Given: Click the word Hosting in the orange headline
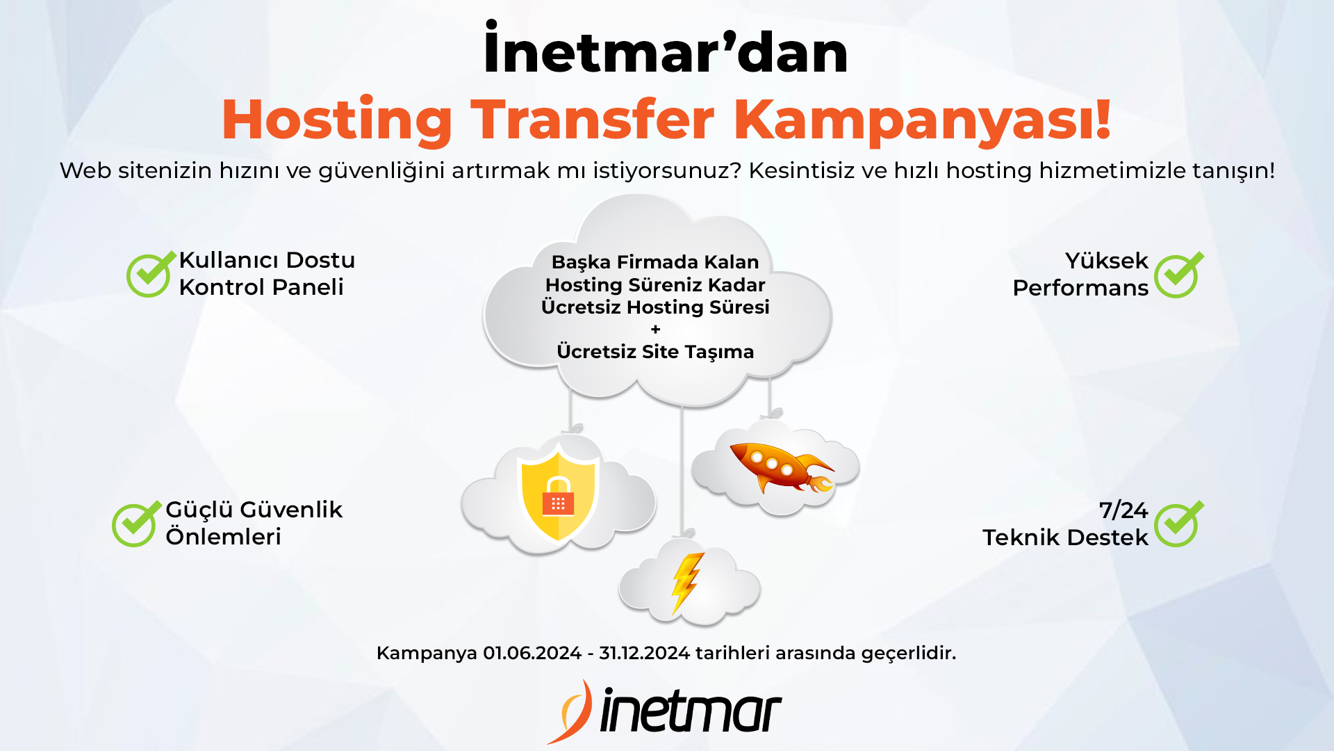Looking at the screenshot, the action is click(337, 121).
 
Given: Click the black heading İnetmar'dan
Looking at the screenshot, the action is click(666, 49).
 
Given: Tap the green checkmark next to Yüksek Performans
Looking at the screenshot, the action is click(1178, 275).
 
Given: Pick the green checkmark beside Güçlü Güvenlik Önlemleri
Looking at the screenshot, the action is click(136, 524).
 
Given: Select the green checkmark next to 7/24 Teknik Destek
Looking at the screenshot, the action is click(1178, 524).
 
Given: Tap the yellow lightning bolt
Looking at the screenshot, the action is click(686, 583).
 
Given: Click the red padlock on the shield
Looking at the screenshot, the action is click(558, 496).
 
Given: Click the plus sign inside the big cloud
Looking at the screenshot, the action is click(655, 330).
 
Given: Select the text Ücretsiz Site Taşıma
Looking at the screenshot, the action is click(655, 352).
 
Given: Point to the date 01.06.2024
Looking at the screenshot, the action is click(532, 653).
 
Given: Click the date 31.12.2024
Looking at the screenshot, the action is click(644, 653).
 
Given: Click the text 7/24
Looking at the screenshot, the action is click(1123, 510).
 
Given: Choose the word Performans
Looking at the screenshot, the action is click(1080, 288).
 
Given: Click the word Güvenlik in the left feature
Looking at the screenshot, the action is click(291, 510).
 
